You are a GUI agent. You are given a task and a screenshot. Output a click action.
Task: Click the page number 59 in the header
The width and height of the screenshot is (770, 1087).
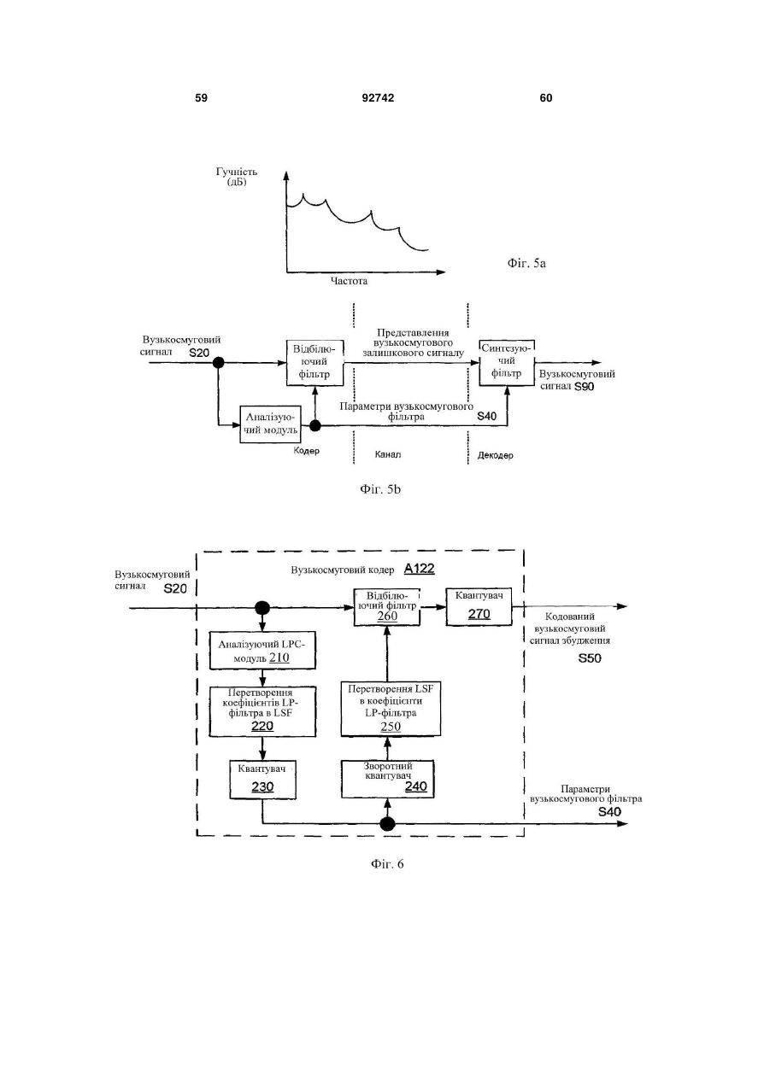[x=201, y=98]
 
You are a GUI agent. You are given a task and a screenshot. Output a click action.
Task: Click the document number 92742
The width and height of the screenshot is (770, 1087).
[x=378, y=98]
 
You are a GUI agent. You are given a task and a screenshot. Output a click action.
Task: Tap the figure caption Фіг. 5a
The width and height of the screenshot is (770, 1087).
[x=526, y=263]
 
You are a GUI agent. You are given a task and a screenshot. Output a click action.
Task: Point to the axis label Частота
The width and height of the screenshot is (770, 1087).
[x=349, y=281]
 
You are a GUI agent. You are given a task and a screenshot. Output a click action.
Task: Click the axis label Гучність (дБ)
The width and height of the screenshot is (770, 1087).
[x=237, y=177]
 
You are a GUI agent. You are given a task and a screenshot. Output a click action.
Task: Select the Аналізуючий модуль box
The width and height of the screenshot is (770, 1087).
[x=270, y=424]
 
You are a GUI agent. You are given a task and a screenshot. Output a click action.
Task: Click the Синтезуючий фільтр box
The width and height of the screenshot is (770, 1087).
[x=506, y=363]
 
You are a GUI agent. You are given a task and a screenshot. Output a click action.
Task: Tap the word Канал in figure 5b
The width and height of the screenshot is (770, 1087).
[x=388, y=455]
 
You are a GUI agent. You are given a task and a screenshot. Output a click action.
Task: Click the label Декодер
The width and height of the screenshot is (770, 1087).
[x=495, y=455]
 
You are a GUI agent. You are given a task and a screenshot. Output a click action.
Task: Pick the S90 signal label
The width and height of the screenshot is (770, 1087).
[x=584, y=387]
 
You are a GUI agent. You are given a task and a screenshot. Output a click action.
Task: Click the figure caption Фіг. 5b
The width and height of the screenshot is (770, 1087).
[x=380, y=489]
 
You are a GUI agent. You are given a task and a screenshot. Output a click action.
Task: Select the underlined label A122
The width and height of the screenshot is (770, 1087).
[x=420, y=569]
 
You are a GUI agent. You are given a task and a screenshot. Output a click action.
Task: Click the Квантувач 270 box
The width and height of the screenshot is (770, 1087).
[x=479, y=607]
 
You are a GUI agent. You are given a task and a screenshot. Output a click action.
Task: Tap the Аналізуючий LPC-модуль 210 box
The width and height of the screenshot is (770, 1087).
[x=262, y=651]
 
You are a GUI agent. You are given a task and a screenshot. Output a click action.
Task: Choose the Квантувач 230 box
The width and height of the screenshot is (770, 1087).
[x=262, y=780]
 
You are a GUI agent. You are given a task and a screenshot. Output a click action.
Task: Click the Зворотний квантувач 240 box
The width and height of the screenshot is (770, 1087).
[x=387, y=780]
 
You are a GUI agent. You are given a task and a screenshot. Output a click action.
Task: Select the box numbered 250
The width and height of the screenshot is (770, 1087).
[x=391, y=709]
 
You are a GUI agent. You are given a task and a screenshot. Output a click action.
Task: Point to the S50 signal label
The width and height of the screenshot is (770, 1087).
[x=590, y=658]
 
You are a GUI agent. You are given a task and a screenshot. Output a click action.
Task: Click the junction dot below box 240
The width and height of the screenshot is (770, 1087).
[x=387, y=823]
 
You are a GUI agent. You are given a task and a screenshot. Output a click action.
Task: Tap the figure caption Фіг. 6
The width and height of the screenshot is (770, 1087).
[x=387, y=864]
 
